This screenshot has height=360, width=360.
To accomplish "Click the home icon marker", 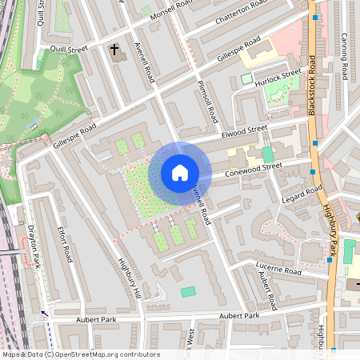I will point(180,173).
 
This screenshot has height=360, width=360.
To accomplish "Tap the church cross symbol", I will point(114,50).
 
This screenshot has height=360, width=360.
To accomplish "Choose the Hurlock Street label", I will point(279,76).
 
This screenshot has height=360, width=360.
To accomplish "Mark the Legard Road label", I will point(302,193).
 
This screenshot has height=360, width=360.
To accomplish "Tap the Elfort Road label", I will point(66,244).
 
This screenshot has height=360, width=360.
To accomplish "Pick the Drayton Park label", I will point(30,244).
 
